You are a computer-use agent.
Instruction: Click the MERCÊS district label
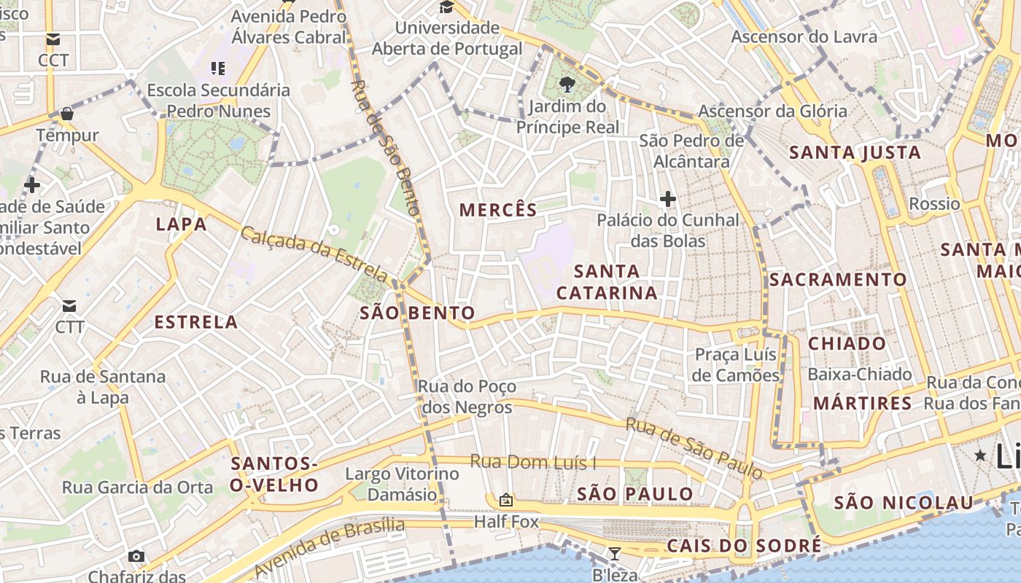pyautogui.click(x=498, y=210)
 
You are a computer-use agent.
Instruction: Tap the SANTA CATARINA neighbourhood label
pyautogui.click(x=606, y=282)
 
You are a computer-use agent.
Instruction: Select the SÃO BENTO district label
pyautogui.click(x=417, y=313)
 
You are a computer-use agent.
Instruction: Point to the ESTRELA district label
pyautogui.click(x=196, y=322)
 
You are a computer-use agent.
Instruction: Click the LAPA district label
pyautogui.click(x=182, y=224)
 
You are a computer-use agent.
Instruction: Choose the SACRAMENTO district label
pyautogui.click(x=838, y=280)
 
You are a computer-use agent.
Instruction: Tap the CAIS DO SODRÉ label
pyautogui.click(x=744, y=547)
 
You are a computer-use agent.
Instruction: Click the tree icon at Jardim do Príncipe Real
pyautogui.click(x=567, y=85)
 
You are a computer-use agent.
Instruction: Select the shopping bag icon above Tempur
pyautogui.click(x=67, y=114)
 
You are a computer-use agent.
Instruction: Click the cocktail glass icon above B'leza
pyautogui.click(x=615, y=555)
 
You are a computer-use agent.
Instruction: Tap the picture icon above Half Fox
pyautogui.click(x=505, y=500)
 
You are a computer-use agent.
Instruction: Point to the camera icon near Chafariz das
pyautogui.click(x=136, y=557)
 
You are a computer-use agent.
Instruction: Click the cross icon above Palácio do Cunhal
pyautogui.click(x=667, y=198)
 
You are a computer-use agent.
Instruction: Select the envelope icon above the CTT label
pyautogui.click(x=69, y=305)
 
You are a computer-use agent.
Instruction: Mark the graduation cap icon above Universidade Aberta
pyautogui.click(x=446, y=7)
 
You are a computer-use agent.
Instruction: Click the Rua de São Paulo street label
pyautogui.click(x=694, y=447)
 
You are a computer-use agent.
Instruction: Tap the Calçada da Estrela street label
pyautogui.click(x=314, y=254)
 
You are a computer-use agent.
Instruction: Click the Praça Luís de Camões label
pyautogui.click(x=736, y=364)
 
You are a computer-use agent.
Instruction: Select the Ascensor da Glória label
pyautogui.click(x=772, y=111)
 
